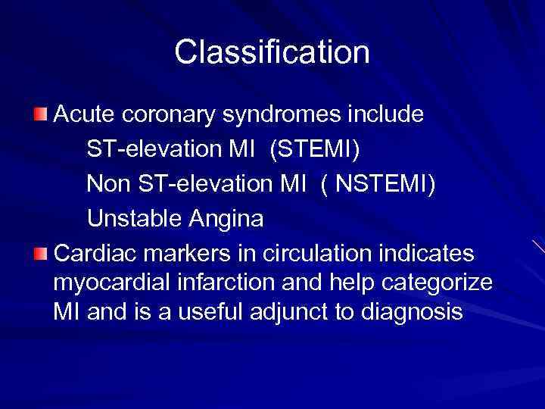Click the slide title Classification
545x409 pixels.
point(272,53)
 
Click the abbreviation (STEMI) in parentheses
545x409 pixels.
point(317,150)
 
